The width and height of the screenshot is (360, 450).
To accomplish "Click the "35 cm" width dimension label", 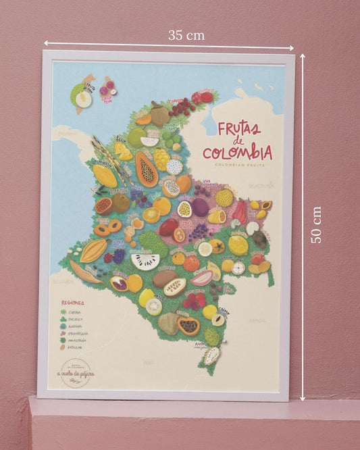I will [186, 34].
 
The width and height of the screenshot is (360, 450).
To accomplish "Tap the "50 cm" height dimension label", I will [315, 225].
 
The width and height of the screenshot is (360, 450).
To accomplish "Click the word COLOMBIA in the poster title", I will [236, 152].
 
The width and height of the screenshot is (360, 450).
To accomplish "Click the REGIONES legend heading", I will [73, 303].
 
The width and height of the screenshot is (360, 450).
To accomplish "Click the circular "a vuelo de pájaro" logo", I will [76, 373].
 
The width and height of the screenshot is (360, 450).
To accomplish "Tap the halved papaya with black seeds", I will [147, 169].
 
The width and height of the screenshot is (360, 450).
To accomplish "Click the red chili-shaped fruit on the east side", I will [240, 211].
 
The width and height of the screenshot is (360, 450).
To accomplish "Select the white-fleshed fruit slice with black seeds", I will [146, 261].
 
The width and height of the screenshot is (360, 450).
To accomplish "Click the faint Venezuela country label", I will [260, 184].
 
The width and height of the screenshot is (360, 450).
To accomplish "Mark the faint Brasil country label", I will [257, 320].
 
